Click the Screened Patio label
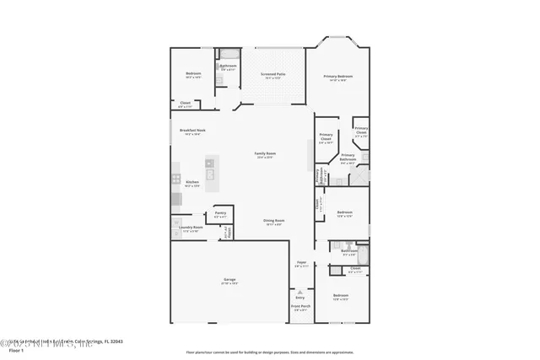[274, 74]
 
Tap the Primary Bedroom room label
[337, 76]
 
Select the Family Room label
[266, 153]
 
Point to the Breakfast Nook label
[192, 131]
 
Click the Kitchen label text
[192, 182]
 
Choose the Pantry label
[220, 213]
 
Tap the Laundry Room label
[192, 228]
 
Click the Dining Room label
[274, 221]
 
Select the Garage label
[229, 280]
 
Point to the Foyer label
[301, 264]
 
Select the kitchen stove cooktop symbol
[176, 179]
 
